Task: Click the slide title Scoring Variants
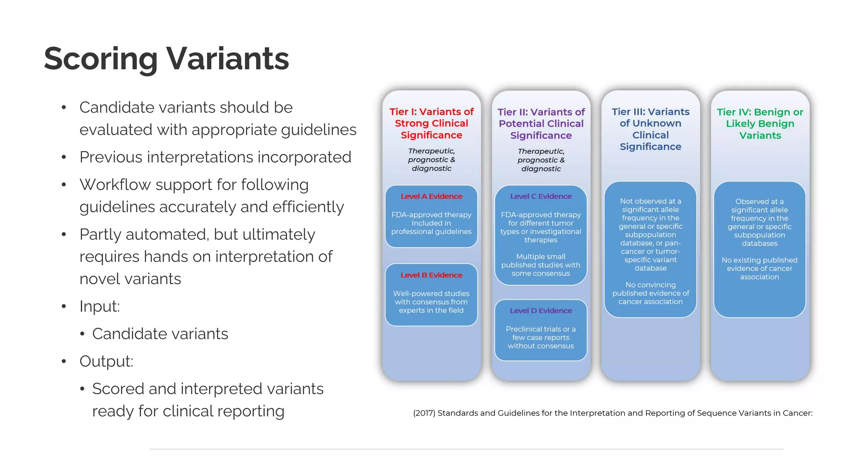(166, 59)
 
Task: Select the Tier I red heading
(432, 123)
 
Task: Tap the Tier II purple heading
(541, 124)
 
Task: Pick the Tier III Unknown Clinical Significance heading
(650, 129)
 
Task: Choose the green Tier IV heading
(760, 124)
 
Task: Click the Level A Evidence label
(431, 196)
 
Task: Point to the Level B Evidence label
(431, 275)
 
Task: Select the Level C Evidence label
(541, 196)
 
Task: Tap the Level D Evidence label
(541, 310)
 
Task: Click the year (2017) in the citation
(424, 413)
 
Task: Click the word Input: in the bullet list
(99, 306)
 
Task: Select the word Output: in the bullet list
(106, 361)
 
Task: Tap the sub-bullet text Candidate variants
(160, 334)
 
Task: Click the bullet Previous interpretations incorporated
(215, 157)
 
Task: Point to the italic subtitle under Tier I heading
(432, 160)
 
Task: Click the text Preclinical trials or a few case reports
(541, 337)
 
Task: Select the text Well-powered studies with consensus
(431, 302)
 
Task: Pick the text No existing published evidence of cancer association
(759, 268)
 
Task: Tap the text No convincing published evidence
(650, 293)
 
